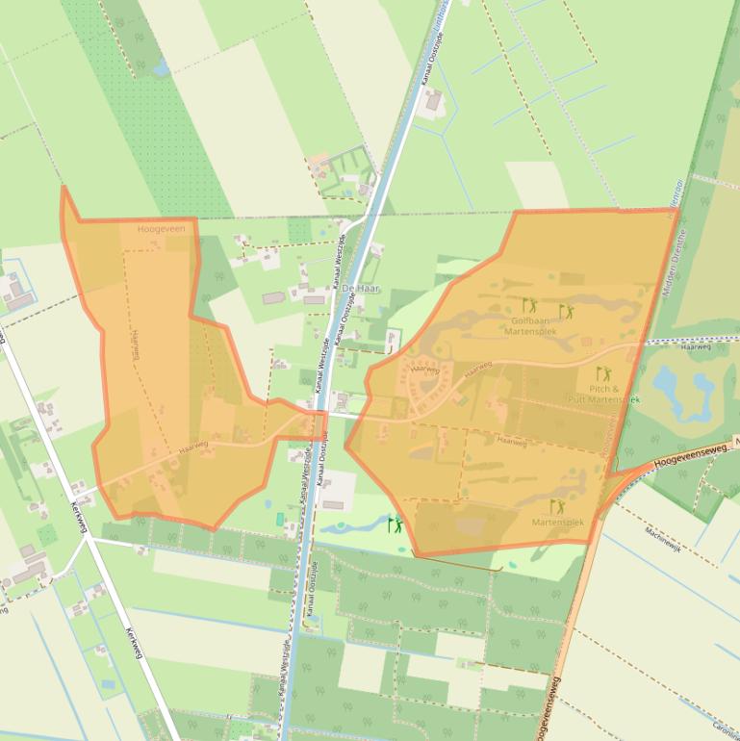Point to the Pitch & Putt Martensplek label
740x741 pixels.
coord(603,394)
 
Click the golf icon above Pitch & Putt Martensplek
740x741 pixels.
coord(603,373)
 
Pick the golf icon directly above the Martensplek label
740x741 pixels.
coord(557,506)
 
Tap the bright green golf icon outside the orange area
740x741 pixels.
coord(395,524)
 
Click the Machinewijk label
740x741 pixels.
coord(663,535)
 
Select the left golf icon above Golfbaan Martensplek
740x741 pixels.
coord(529,305)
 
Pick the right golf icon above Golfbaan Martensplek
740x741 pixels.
coord(567,311)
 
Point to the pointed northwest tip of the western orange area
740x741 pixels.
coord(64,189)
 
